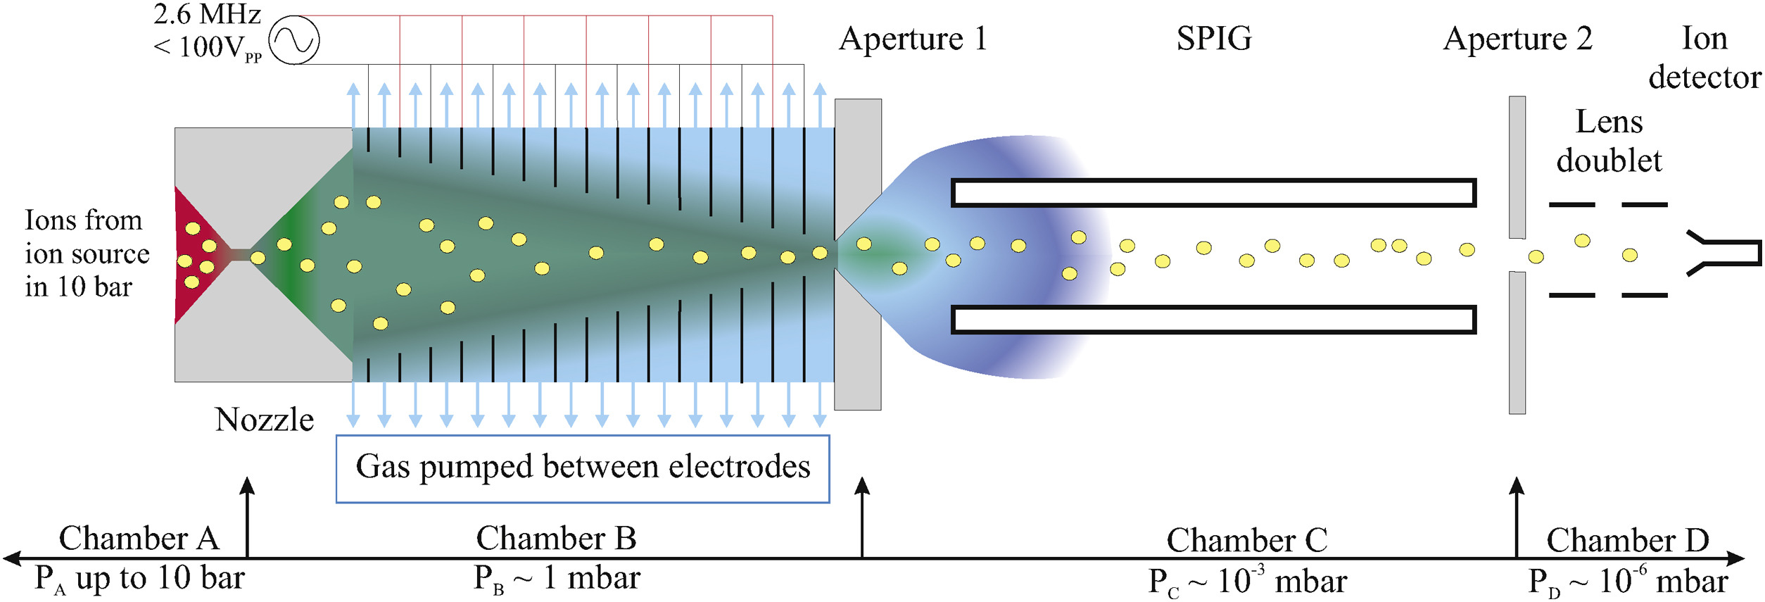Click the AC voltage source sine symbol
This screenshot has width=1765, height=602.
pos(294,40)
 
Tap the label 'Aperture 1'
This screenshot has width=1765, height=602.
pos(913,39)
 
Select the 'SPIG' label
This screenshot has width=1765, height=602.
pos(1214,39)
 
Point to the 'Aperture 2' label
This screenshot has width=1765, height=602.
pos(1517,39)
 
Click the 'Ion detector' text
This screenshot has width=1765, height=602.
pos(1704,58)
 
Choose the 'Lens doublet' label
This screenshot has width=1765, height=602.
pos(1609,142)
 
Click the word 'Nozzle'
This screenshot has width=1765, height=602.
pos(264,420)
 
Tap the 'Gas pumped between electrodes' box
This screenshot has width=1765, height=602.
pos(583,468)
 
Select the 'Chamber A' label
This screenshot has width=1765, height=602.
pos(139,539)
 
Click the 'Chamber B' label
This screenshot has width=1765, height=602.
pos(556,539)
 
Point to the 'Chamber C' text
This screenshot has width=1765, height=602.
pos(1246,541)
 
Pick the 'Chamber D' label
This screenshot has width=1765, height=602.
pos(1627,541)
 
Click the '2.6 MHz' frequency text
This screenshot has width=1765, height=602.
pos(207,14)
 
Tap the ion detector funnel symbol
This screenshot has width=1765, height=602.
pos(1724,252)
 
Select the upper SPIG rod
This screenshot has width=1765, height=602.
pos(1213,193)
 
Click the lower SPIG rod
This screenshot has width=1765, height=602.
pos(1213,320)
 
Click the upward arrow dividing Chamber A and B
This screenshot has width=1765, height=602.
pos(247,518)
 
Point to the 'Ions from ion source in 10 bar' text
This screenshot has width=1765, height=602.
pos(86,253)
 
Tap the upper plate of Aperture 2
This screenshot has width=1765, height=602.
pos(1517,168)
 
